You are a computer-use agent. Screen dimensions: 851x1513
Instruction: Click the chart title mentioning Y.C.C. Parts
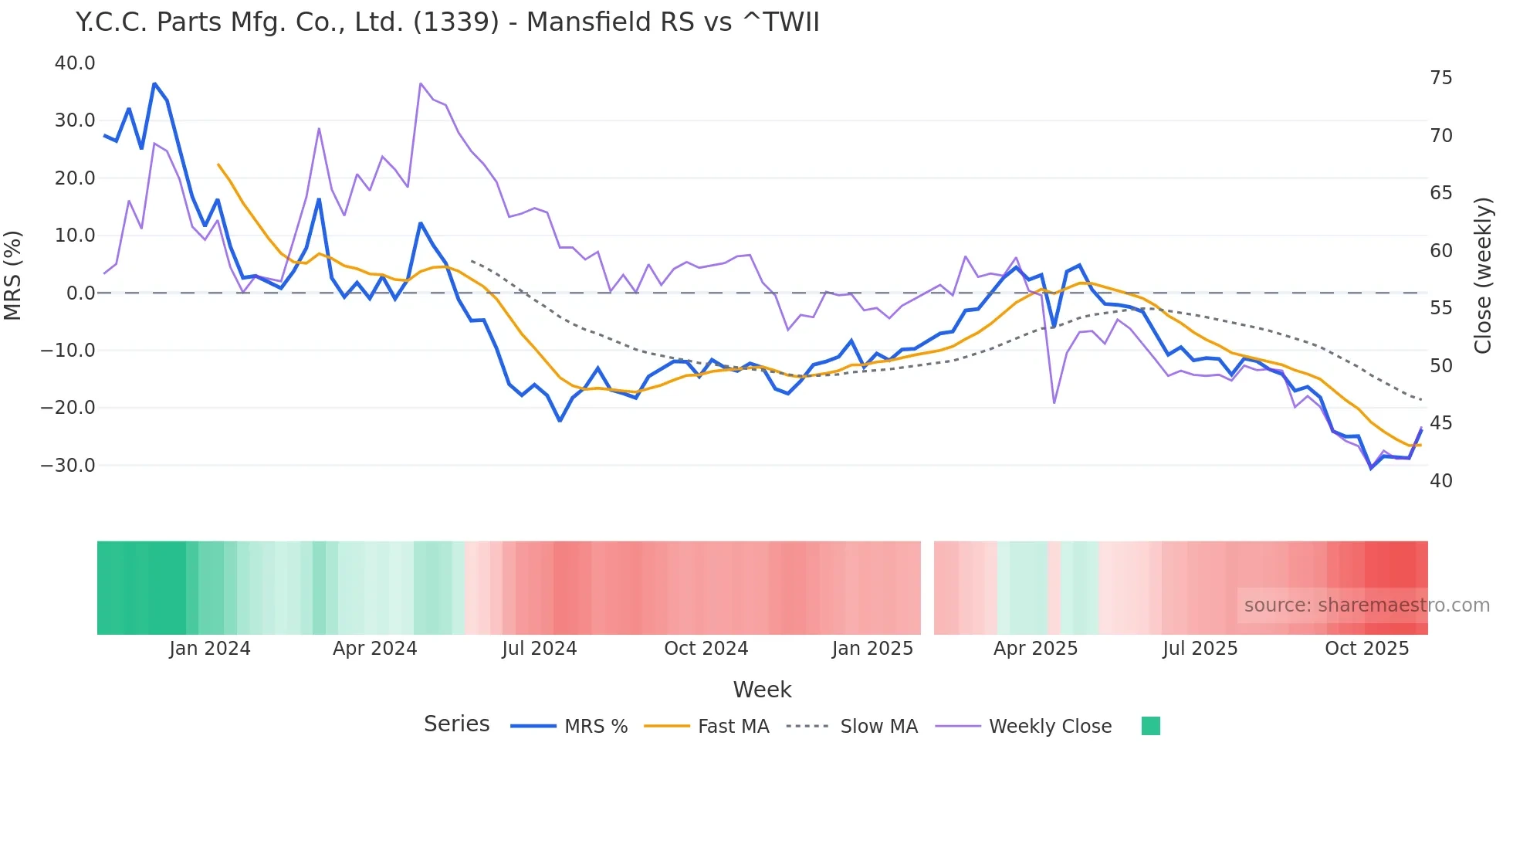[x=447, y=22]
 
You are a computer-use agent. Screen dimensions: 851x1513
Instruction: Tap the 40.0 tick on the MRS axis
[x=75, y=63]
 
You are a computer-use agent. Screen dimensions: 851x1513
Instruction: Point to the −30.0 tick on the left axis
[x=68, y=466]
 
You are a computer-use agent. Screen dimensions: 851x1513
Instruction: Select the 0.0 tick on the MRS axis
[x=80, y=293]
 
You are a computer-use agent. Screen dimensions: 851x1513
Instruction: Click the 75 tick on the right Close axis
[x=1440, y=78]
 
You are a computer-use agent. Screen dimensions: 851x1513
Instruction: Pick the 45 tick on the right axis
[x=1440, y=423]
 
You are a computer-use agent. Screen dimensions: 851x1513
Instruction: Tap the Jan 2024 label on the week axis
[x=210, y=649]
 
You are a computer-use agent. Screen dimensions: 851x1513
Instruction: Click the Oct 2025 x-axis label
[x=1366, y=649]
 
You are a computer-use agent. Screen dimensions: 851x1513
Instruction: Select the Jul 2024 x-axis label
[x=539, y=649]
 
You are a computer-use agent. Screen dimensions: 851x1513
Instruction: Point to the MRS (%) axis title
[x=13, y=276]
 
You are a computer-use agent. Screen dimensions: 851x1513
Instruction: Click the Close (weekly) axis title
[x=1482, y=276]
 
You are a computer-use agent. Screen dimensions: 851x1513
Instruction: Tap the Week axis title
[x=762, y=690]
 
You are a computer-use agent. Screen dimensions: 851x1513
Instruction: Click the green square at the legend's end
[x=1150, y=726]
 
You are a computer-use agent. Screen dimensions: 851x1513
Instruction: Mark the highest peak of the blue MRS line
[x=154, y=83]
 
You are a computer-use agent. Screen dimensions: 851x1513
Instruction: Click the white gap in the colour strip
[x=927, y=588]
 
